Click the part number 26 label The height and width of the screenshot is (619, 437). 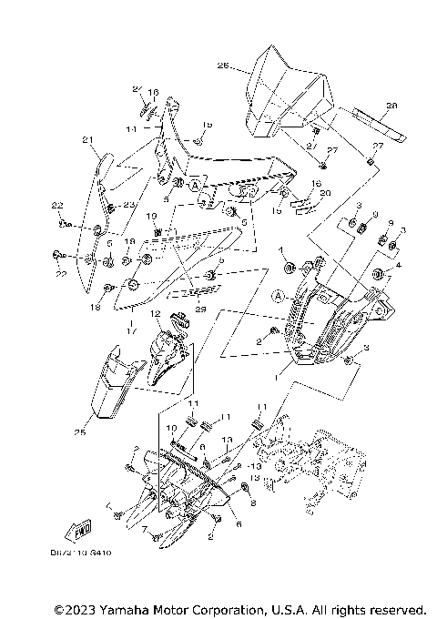(222, 66)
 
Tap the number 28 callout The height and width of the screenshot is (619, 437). (391, 106)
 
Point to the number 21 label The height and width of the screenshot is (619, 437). (88, 139)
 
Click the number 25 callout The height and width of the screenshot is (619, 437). (80, 432)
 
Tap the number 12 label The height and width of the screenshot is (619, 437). (155, 313)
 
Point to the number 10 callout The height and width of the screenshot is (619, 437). (172, 427)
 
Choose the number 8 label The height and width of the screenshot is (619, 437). (253, 502)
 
